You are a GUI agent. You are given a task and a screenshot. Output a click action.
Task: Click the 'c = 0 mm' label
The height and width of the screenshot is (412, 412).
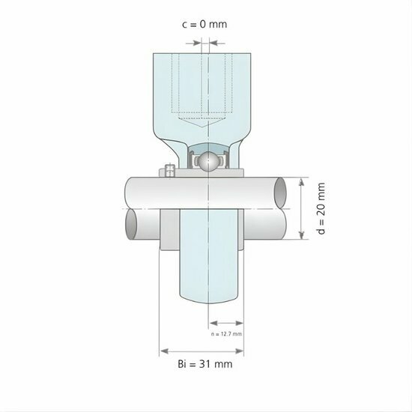click(x=205, y=24)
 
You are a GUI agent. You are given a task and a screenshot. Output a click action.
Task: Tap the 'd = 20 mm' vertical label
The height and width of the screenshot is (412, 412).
click(x=321, y=209)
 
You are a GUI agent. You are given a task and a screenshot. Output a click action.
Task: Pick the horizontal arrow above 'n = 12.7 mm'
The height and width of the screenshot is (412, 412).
click(x=224, y=324)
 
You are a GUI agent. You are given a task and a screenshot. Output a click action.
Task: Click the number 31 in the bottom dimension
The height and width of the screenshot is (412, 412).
click(x=212, y=364)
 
